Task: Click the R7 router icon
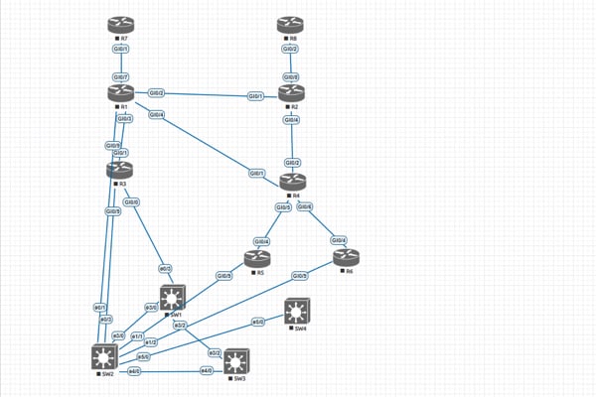coord(120,25)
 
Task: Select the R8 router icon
coord(291,25)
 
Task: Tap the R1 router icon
coord(120,92)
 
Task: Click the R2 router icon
coord(291,93)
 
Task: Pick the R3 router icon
coord(120,171)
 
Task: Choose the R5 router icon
coord(257,257)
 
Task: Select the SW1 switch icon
coord(171,298)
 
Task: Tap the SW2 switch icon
coord(103,356)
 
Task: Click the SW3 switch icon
coord(235,361)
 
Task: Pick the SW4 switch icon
coord(295,313)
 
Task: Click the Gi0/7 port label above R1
coord(120,76)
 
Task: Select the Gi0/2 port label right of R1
coord(156,93)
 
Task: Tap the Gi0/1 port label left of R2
coord(255,96)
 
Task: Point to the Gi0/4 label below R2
coord(291,119)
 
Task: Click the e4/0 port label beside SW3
coord(207,371)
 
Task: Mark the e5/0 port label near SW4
coord(258,323)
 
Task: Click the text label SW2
coord(107,375)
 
